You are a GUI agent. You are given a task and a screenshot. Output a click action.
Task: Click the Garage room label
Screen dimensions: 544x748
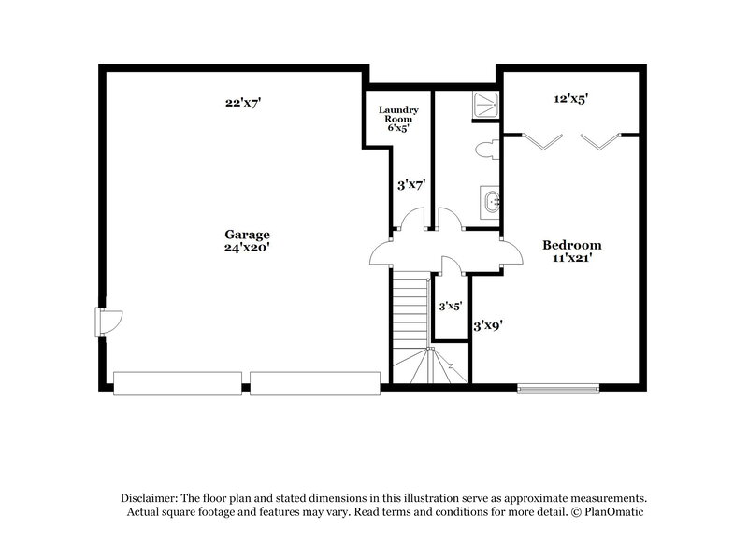point(247,235)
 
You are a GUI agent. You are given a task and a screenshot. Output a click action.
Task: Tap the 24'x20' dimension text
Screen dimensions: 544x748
point(247,248)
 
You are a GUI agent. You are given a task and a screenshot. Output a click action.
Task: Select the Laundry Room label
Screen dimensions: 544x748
point(397,114)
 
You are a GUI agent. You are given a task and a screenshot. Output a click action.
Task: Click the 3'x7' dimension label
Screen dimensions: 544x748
point(411,185)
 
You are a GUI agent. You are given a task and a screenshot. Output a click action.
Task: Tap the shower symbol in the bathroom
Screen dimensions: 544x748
point(484,102)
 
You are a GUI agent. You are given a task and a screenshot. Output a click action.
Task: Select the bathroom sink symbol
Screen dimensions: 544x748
point(492,200)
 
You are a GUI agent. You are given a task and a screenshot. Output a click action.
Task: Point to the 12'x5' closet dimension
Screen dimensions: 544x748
point(570,97)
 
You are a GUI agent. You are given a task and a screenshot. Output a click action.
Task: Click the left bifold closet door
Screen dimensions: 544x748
point(543,140)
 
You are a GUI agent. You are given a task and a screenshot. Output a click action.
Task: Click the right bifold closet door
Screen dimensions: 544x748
point(600,140)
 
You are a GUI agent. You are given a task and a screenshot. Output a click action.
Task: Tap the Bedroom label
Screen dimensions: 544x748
point(572,245)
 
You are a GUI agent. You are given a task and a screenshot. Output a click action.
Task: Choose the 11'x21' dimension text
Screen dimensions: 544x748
point(572,258)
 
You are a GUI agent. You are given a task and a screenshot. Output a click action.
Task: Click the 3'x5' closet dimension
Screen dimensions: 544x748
point(451,306)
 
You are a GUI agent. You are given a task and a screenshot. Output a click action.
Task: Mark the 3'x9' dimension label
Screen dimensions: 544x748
point(489,327)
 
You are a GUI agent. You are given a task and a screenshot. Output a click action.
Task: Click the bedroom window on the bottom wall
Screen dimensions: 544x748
point(558,387)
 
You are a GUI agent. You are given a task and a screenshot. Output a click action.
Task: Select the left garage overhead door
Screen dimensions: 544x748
point(178,383)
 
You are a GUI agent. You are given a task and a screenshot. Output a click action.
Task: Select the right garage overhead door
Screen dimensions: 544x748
point(314,383)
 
